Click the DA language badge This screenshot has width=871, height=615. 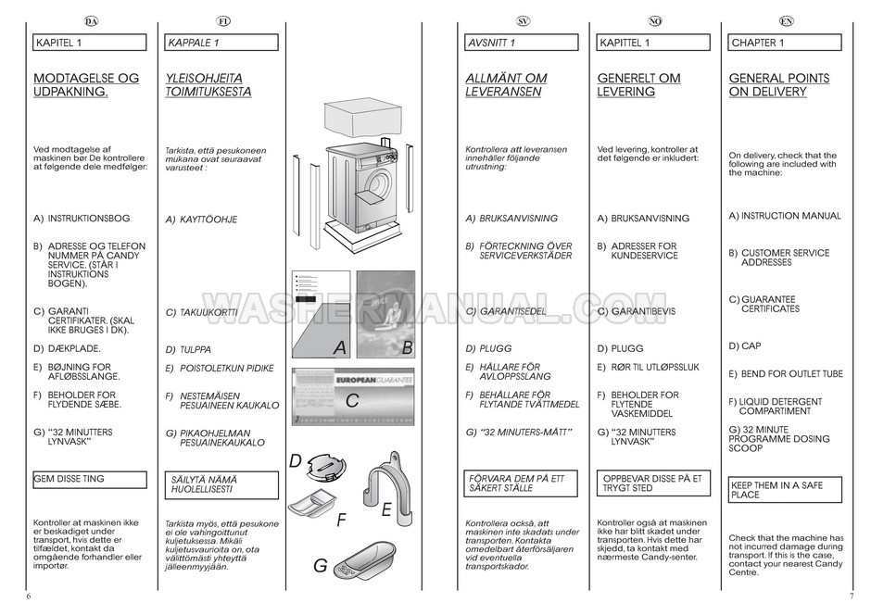click(x=90, y=20)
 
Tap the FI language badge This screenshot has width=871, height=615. click(x=223, y=20)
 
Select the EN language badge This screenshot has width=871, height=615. click(x=787, y=20)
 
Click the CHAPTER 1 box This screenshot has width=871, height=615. click(x=786, y=43)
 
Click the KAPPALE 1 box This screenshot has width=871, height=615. click(x=223, y=43)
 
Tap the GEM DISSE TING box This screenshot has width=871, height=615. click(x=89, y=480)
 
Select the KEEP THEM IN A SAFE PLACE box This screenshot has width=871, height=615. click(x=786, y=489)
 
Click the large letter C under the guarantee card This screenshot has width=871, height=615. click(x=352, y=402)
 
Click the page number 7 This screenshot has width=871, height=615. click(x=851, y=595)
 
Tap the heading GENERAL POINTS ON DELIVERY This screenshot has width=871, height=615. click(x=778, y=85)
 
